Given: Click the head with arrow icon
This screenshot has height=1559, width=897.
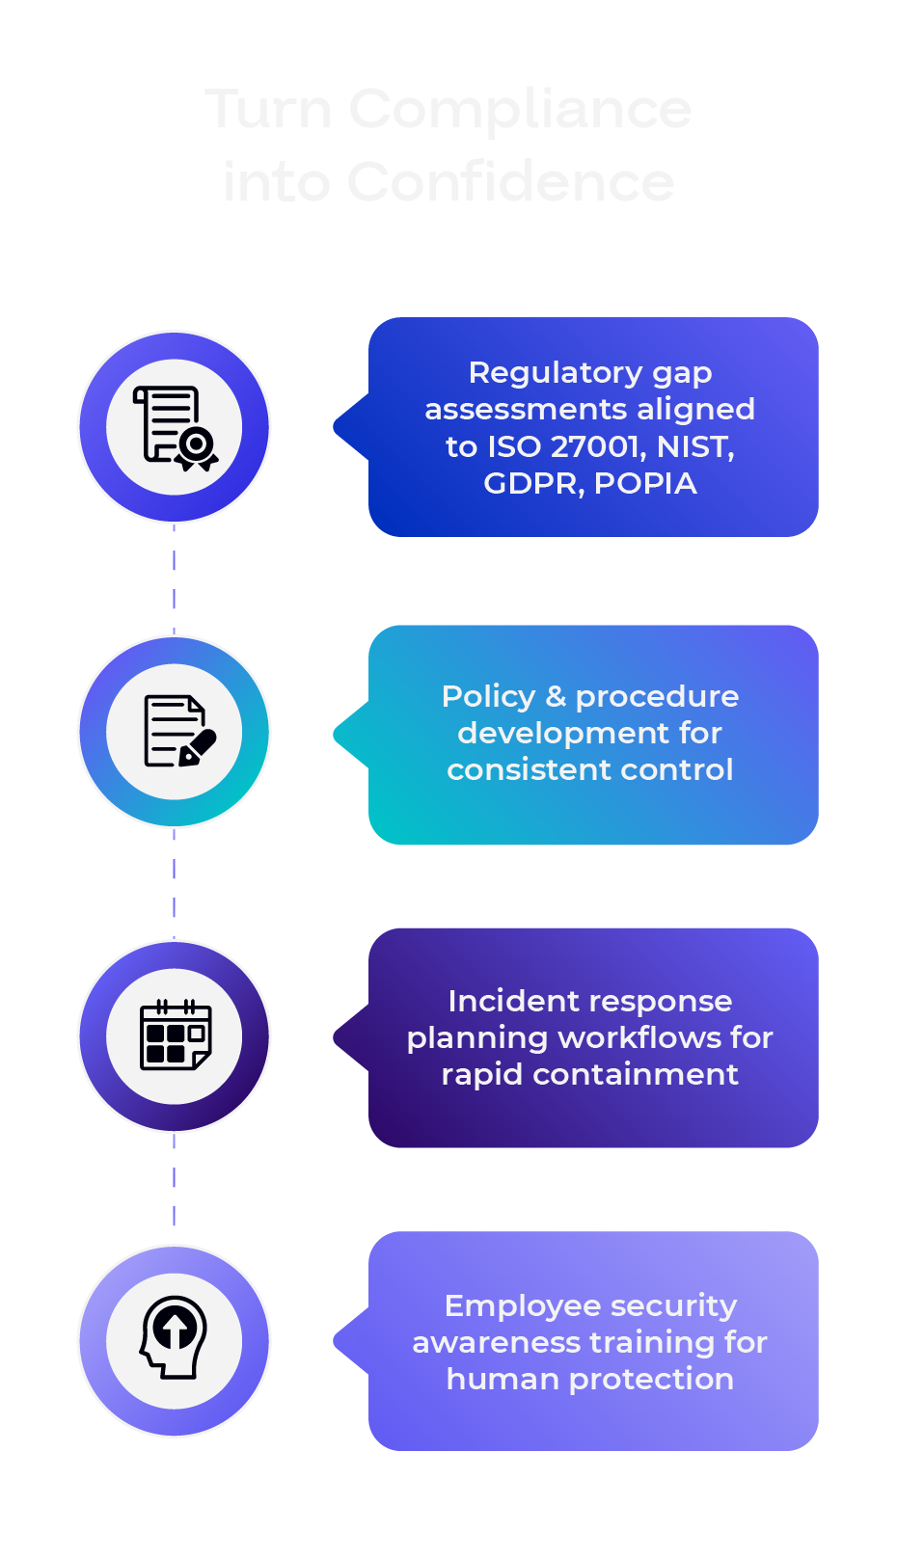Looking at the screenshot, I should (175, 1337).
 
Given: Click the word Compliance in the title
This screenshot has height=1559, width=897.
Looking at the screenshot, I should (520, 109).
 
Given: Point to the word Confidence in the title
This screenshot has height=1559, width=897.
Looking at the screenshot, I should (510, 182).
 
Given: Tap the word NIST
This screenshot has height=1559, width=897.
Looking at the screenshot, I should (693, 446).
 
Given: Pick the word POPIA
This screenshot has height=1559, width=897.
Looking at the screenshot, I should (644, 483).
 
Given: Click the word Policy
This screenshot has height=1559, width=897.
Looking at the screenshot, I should (488, 696).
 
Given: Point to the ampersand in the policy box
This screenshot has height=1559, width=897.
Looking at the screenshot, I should (556, 696).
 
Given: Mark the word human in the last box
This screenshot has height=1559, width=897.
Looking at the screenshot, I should (503, 1379).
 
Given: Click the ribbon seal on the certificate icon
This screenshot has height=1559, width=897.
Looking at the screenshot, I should (197, 446).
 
